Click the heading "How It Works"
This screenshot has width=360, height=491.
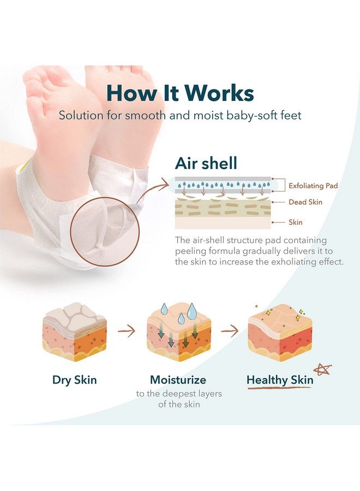pyautogui.click(x=180, y=93)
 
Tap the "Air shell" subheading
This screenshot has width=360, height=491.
pyautogui.click(x=207, y=164)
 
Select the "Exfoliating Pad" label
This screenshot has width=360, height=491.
pyautogui.click(x=313, y=185)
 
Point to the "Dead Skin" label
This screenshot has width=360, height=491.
pyautogui.click(x=305, y=202)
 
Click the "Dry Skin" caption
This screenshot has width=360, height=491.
pyautogui.click(x=74, y=380)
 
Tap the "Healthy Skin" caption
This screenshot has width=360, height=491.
pyautogui.click(x=280, y=380)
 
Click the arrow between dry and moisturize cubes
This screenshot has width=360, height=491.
pyautogui.click(x=127, y=330)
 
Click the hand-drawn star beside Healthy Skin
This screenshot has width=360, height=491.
pyautogui.click(x=322, y=370)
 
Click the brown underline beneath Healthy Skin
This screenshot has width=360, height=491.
pyautogui.click(x=280, y=388)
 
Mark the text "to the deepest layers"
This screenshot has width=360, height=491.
pyautogui.click(x=179, y=394)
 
